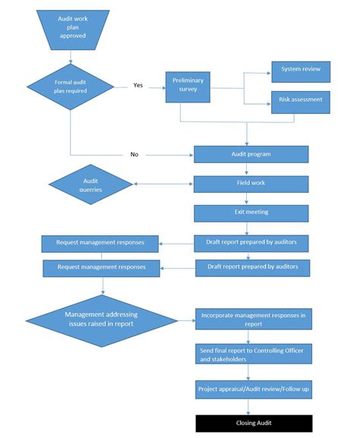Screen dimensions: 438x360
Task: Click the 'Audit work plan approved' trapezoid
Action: click(x=71, y=27)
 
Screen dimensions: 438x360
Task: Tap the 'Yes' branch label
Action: click(x=138, y=85)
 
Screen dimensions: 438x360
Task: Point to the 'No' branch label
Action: click(x=134, y=154)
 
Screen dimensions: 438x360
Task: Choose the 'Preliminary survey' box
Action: click(x=188, y=87)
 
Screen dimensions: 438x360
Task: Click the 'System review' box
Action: click(x=300, y=69)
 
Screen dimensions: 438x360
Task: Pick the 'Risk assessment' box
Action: click(x=300, y=99)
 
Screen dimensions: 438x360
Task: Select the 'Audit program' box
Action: click(x=251, y=154)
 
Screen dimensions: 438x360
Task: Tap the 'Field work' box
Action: click(x=251, y=183)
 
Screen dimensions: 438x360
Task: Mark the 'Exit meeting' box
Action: click(x=251, y=213)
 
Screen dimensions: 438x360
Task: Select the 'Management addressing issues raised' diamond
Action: click(x=101, y=319)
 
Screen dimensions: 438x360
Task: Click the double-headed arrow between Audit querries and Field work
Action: click(x=163, y=184)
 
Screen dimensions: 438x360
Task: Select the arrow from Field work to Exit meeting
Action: click(x=251, y=198)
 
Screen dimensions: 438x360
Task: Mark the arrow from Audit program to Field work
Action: click(x=251, y=169)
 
